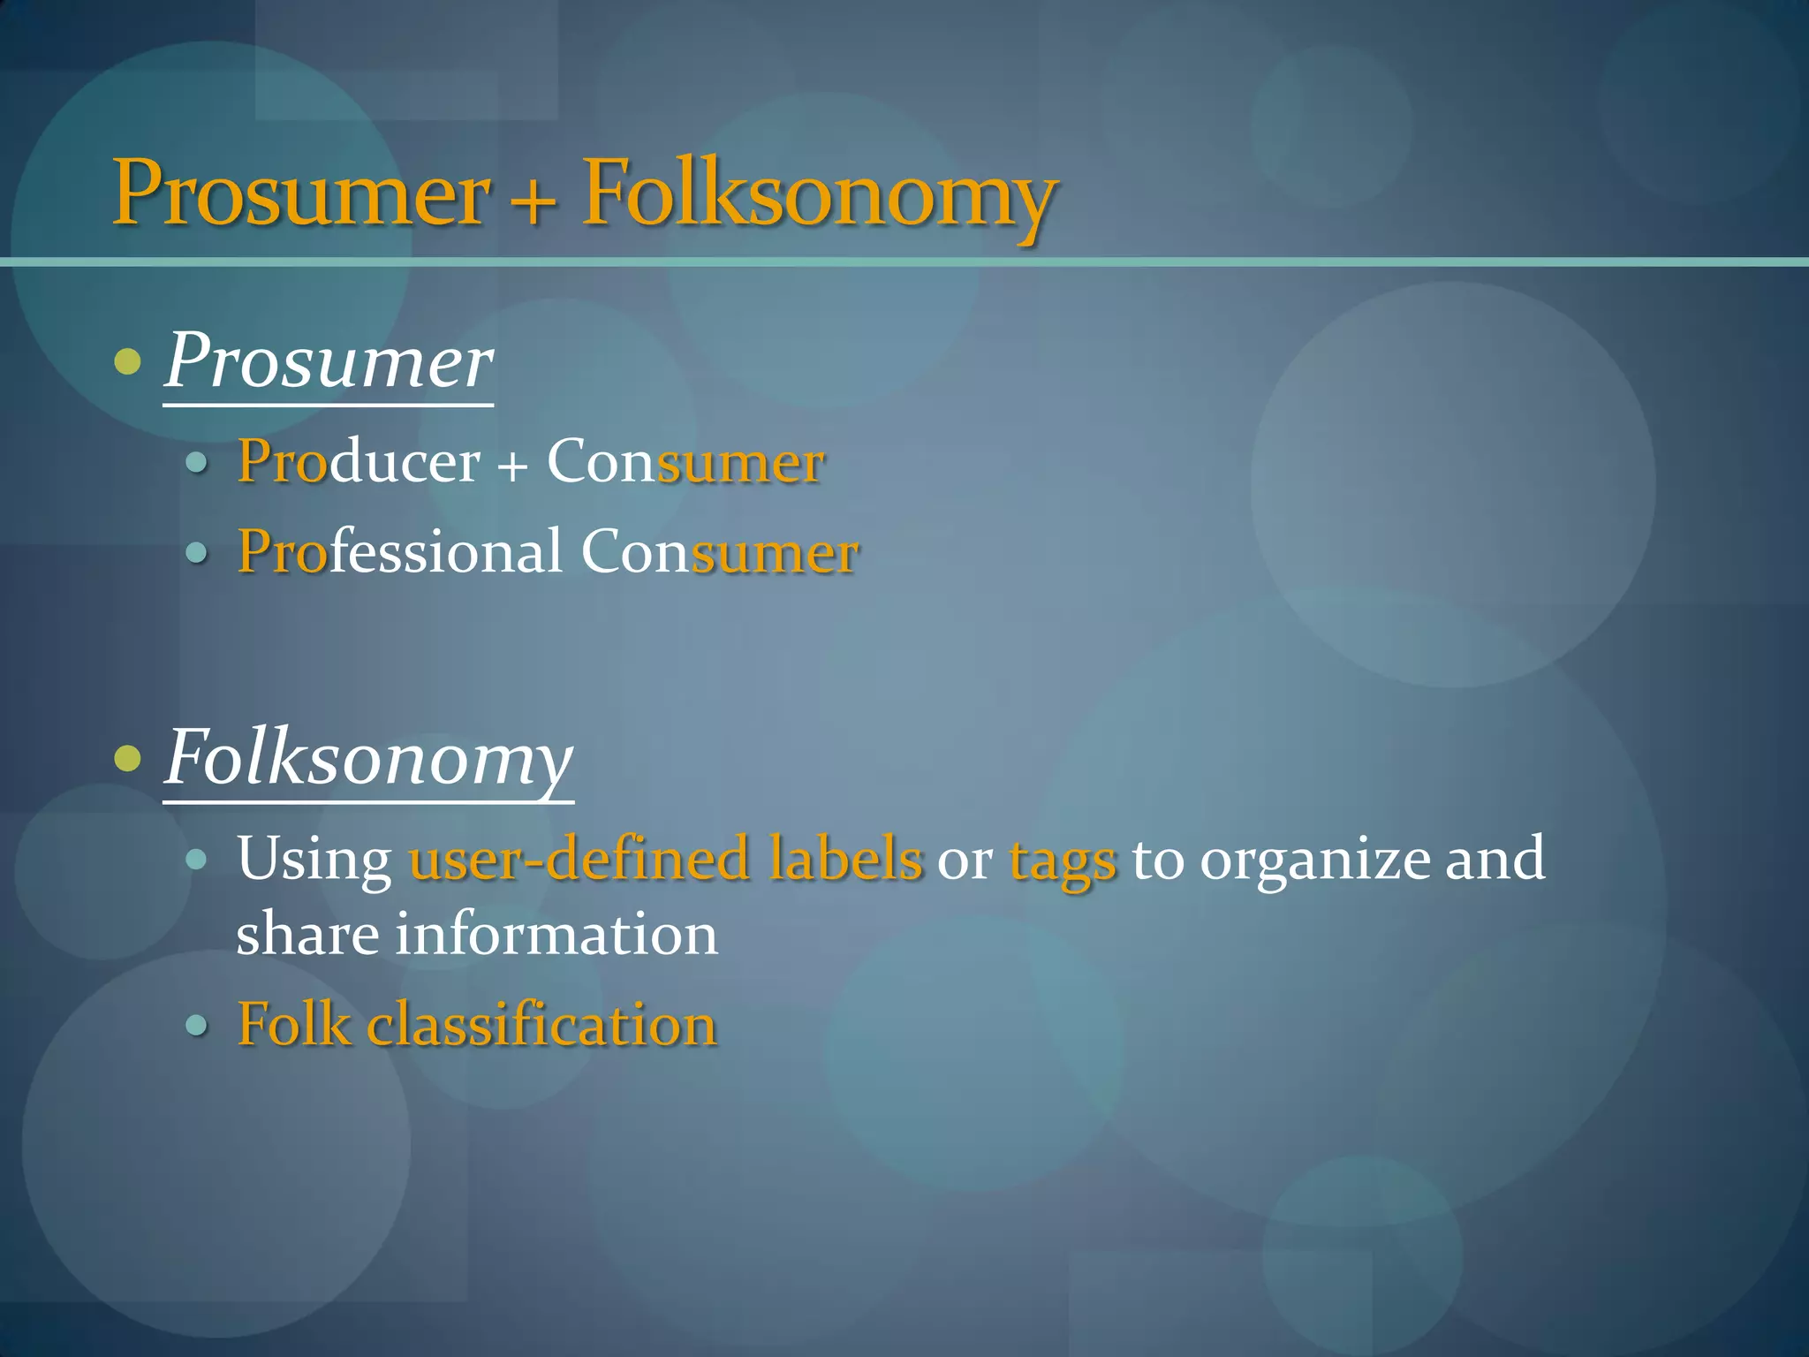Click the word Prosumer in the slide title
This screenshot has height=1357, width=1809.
point(300,193)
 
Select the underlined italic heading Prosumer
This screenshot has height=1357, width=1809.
point(329,362)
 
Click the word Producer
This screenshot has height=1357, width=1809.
point(359,461)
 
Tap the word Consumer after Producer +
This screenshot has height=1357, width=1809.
point(685,461)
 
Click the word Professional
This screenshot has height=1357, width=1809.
point(400,551)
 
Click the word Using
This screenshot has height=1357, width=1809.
point(314,860)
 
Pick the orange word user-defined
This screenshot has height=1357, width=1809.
point(579,858)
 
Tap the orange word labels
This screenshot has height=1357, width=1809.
point(845,858)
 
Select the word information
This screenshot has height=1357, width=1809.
point(556,935)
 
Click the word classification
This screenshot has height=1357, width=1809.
point(541,1025)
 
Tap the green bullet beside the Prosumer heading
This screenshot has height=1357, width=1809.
point(128,361)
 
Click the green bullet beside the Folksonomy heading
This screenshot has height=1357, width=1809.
point(128,758)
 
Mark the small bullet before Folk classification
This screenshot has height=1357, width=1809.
point(197,1026)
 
